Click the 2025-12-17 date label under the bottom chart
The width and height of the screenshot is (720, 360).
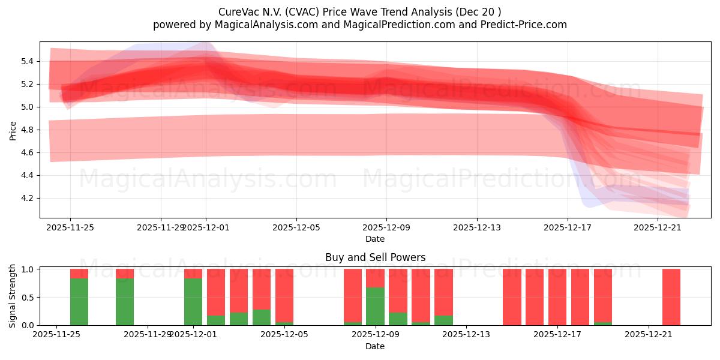tap(557, 335)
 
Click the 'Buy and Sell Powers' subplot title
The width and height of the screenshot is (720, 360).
tap(375, 257)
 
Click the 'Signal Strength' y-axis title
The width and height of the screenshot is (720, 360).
tap(13, 296)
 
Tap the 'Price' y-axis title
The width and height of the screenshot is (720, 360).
tap(13, 130)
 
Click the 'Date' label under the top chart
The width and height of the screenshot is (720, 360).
tap(375, 239)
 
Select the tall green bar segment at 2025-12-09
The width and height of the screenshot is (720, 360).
tap(375, 306)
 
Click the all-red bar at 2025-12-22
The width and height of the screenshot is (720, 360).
tap(671, 297)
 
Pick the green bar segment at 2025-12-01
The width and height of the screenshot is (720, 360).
tap(193, 301)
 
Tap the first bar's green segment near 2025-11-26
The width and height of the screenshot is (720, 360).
tap(79, 301)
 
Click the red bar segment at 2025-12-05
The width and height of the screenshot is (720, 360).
tap(284, 294)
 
